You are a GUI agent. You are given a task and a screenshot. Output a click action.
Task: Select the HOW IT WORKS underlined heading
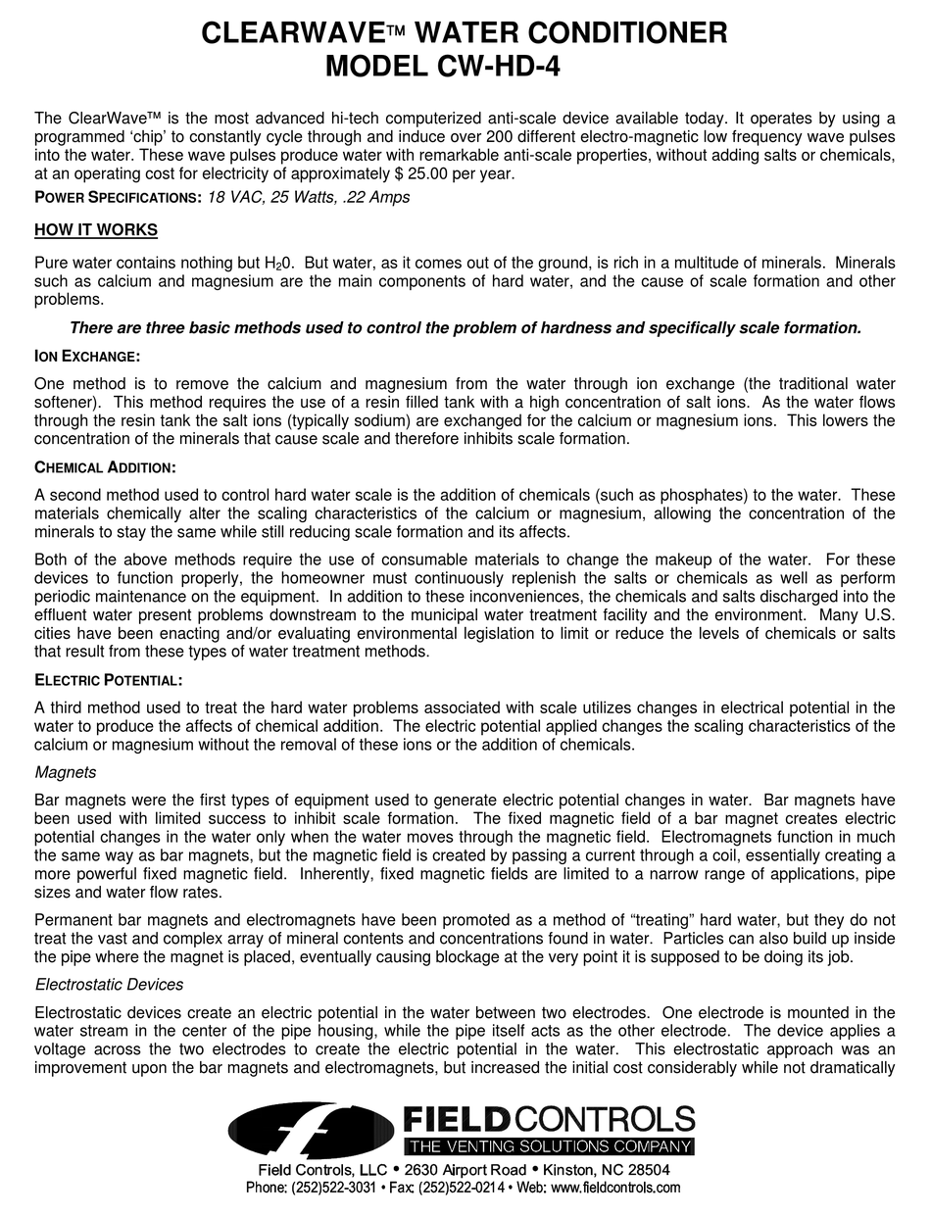(x=96, y=230)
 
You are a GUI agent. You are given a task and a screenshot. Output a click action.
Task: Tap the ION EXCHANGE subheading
(x=87, y=355)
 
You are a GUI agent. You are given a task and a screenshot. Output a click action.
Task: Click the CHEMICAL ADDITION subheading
(x=105, y=466)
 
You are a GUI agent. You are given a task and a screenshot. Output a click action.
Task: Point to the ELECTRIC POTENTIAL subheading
(x=108, y=679)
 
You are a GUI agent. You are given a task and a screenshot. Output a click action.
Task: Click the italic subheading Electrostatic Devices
(x=109, y=984)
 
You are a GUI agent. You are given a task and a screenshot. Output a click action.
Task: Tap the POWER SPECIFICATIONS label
(x=118, y=197)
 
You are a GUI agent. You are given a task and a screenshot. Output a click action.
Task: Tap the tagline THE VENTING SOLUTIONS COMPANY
(x=550, y=1146)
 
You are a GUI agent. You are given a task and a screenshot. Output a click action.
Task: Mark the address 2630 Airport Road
(x=461, y=1170)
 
